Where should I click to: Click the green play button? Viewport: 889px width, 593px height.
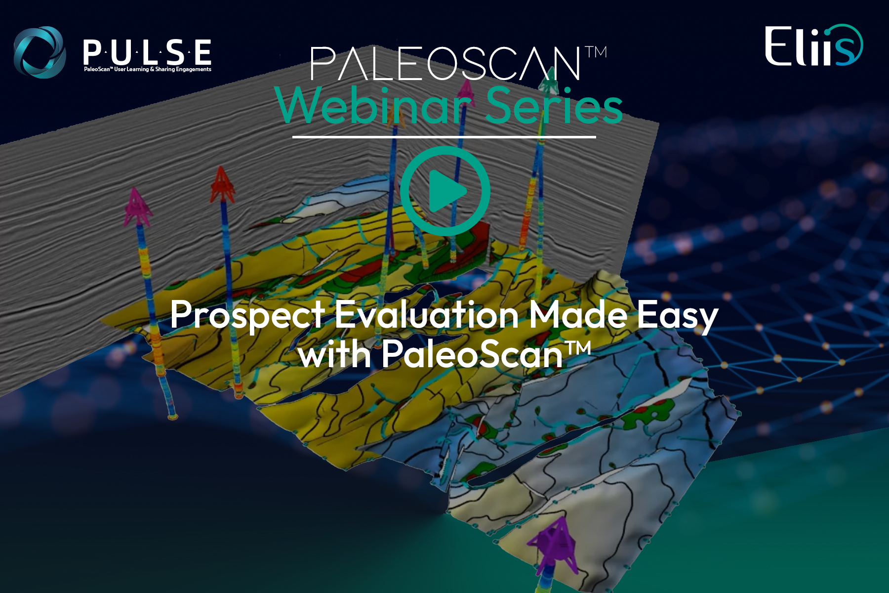point(445,191)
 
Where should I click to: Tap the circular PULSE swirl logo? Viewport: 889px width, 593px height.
point(40,52)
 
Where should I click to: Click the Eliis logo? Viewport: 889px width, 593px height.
point(814,45)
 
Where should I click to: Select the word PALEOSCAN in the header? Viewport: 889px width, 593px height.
point(446,63)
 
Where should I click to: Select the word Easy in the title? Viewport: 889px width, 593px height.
point(677,316)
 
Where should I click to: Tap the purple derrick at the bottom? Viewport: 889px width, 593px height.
point(552,546)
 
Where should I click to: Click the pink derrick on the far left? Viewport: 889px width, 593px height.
point(137,206)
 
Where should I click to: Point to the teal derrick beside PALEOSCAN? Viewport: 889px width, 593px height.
point(548,82)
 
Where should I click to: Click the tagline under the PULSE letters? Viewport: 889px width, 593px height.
point(148,69)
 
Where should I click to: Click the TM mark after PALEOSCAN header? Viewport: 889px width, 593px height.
point(596,52)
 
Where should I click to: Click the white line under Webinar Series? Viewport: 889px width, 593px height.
point(444,137)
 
